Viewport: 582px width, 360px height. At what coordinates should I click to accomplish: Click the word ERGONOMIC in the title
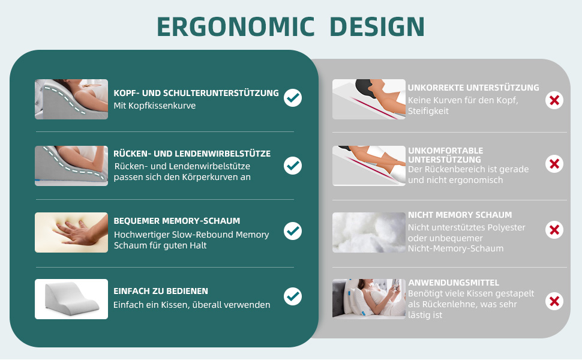tap(236, 27)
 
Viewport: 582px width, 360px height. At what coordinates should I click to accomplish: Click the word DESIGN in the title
tap(377, 27)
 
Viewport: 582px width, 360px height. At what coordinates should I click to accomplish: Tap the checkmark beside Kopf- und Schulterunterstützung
tap(293, 98)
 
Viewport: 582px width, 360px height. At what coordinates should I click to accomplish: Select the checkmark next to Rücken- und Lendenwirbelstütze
tap(293, 165)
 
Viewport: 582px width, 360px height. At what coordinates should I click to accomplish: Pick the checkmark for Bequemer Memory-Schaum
tap(293, 231)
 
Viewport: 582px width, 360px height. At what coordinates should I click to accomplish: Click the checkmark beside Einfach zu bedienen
tap(293, 296)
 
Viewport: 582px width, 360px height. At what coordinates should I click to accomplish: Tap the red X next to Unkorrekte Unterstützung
tap(554, 100)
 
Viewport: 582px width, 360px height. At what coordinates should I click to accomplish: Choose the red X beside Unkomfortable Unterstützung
tap(554, 164)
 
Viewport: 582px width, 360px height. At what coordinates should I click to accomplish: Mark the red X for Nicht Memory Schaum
tap(554, 230)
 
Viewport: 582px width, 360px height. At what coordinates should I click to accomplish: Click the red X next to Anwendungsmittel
tap(554, 301)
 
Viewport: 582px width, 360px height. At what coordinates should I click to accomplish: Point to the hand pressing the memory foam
tap(79, 232)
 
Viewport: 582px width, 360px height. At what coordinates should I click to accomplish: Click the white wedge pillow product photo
tap(71, 299)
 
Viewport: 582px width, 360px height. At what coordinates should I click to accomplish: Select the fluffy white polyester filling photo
tap(368, 232)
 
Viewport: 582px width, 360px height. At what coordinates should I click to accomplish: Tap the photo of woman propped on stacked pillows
tap(368, 299)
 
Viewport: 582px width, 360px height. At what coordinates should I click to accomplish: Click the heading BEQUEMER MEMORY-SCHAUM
tap(176, 221)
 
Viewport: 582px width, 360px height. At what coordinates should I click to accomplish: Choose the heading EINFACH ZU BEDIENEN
tap(161, 291)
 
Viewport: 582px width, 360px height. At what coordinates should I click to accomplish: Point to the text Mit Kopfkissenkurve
tap(154, 106)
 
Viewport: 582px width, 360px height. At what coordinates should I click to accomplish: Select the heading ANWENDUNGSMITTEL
tap(454, 283)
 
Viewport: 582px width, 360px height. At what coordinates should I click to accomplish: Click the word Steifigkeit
tap(428, 111)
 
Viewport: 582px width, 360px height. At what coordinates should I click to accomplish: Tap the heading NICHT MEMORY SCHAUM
tap(460, 215)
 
